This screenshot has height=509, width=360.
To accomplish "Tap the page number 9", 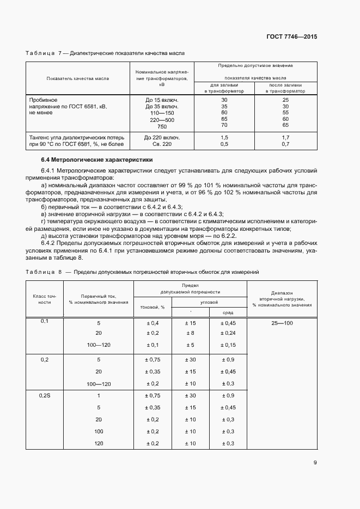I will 315,463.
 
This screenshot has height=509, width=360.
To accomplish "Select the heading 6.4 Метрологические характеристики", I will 97,160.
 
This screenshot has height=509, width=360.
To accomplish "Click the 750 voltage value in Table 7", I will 162,126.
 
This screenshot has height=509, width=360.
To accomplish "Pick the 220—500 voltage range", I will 162,120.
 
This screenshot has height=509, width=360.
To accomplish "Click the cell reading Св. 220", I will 162,144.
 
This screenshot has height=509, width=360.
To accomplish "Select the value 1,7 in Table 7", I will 285,138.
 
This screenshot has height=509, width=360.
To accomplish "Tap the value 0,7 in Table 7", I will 285,144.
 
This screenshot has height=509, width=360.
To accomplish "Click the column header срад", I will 229,312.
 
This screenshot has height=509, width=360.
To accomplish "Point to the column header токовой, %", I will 152,307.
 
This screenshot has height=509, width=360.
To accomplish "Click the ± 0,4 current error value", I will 152,323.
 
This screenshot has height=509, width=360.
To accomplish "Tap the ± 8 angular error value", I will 190,333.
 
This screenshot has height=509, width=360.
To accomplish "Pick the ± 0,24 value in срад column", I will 229,333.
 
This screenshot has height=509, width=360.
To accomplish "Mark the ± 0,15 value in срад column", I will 229,345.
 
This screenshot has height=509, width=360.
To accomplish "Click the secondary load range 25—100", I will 282,323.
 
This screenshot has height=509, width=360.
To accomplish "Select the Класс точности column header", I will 45,298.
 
